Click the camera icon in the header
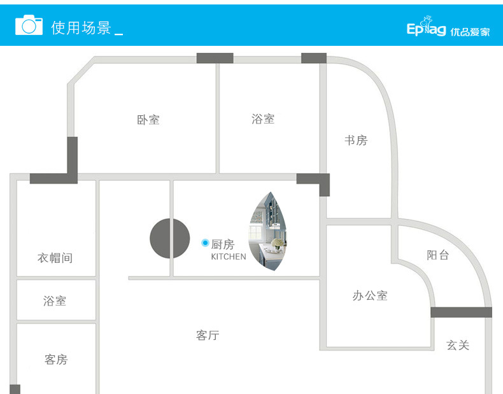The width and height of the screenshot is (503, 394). [29, 25]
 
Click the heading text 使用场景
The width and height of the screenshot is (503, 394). [81, 28]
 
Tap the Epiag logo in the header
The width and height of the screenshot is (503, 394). [426, 29]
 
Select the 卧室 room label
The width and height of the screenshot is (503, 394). [148, 120]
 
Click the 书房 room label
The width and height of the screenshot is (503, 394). [356, 140]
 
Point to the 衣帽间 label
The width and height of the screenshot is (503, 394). [55, 258]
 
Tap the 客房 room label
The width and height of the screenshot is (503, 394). [56, 360]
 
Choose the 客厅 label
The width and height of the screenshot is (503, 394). [208, 335]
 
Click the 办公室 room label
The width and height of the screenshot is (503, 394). [370, 295]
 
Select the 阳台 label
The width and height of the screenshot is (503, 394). [438, 255]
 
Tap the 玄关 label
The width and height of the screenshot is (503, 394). [458, 345]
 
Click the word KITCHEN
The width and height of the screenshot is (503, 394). [229, 257]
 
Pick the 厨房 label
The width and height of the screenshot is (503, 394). [223, 244]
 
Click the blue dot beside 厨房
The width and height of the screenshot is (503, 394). [205, 243]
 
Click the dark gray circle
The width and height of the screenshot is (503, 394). [170, 239]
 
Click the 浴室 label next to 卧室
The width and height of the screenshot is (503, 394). [263, 119]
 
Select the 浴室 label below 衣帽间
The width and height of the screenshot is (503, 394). [55, 301]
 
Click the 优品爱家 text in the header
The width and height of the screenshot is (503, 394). [470, 32]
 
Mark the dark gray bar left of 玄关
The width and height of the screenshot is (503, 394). [461, 312]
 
